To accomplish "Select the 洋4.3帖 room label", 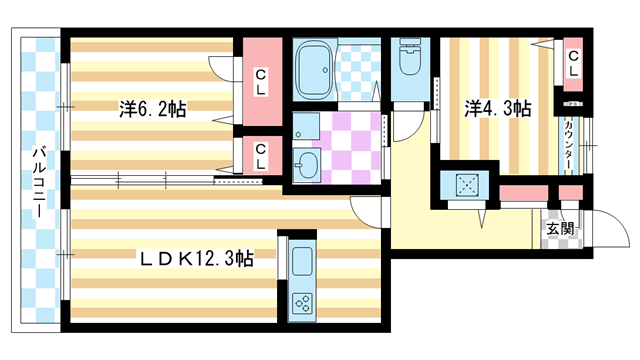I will tap(497, 109).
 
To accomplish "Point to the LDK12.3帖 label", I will tap(195, 258).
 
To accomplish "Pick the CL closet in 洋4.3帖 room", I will tap(574, 64).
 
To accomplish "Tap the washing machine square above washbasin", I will tap(305, 127).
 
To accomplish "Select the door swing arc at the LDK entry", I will tap(369, 211).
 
